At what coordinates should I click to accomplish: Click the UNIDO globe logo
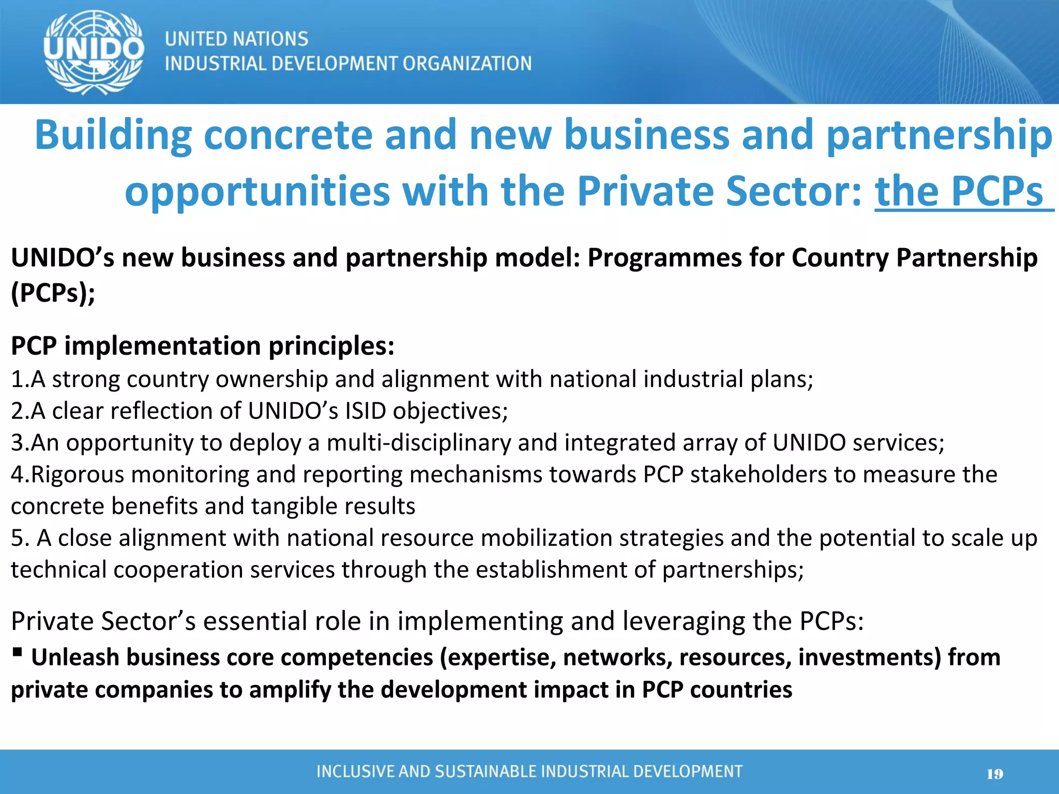pos(94,52)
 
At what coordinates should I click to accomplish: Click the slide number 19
pos(994,774)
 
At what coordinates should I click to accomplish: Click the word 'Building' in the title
pos(113,135)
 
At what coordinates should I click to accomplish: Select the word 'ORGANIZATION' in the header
pos(467,64)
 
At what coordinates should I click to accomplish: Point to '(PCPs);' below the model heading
pos(53,293)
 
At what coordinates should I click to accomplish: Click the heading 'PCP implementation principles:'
pos(203,345)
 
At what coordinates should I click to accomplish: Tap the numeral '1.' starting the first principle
pos(20,379)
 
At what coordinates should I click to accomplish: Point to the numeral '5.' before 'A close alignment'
pos(20,538)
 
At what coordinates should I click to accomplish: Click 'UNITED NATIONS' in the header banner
pos(236,39)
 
